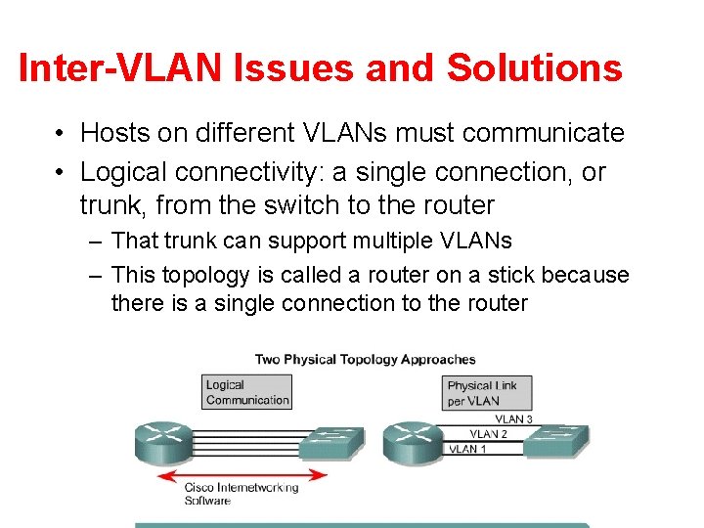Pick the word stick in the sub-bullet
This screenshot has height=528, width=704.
point(474,275)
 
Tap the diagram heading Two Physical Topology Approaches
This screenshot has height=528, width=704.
point(365,359)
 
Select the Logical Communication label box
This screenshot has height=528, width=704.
point(247,392)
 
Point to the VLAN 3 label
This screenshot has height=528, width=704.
point(513,418)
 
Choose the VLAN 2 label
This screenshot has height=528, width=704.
point(488,433)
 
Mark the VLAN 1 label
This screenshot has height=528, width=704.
point(465,449)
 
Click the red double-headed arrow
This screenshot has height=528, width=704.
point(242,476)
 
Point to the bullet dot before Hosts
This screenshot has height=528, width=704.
point(62,133)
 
